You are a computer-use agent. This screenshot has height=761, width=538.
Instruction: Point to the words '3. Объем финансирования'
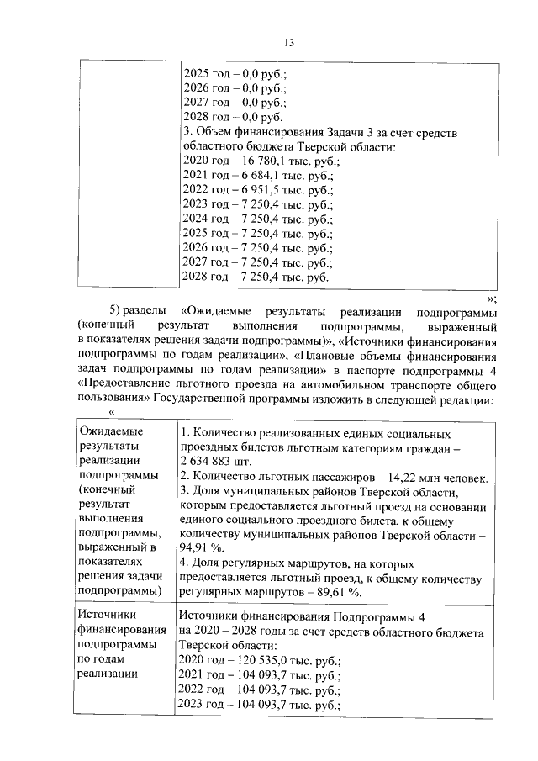tap(252, 132)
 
